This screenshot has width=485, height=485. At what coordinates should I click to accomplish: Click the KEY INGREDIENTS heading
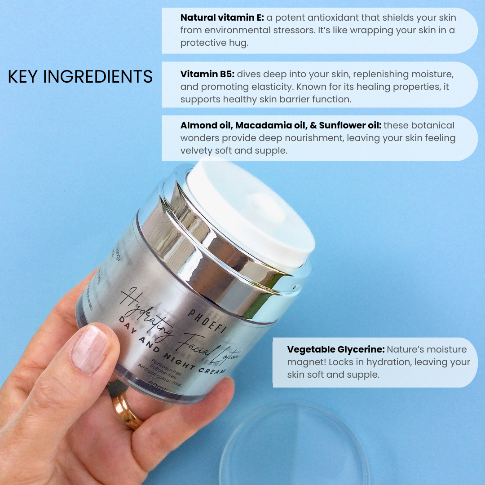[x=80, y=77]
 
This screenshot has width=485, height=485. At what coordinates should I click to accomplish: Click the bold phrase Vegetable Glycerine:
[x=335, y=349]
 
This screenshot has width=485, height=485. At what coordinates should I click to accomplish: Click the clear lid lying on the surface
[x=294, y=445]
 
